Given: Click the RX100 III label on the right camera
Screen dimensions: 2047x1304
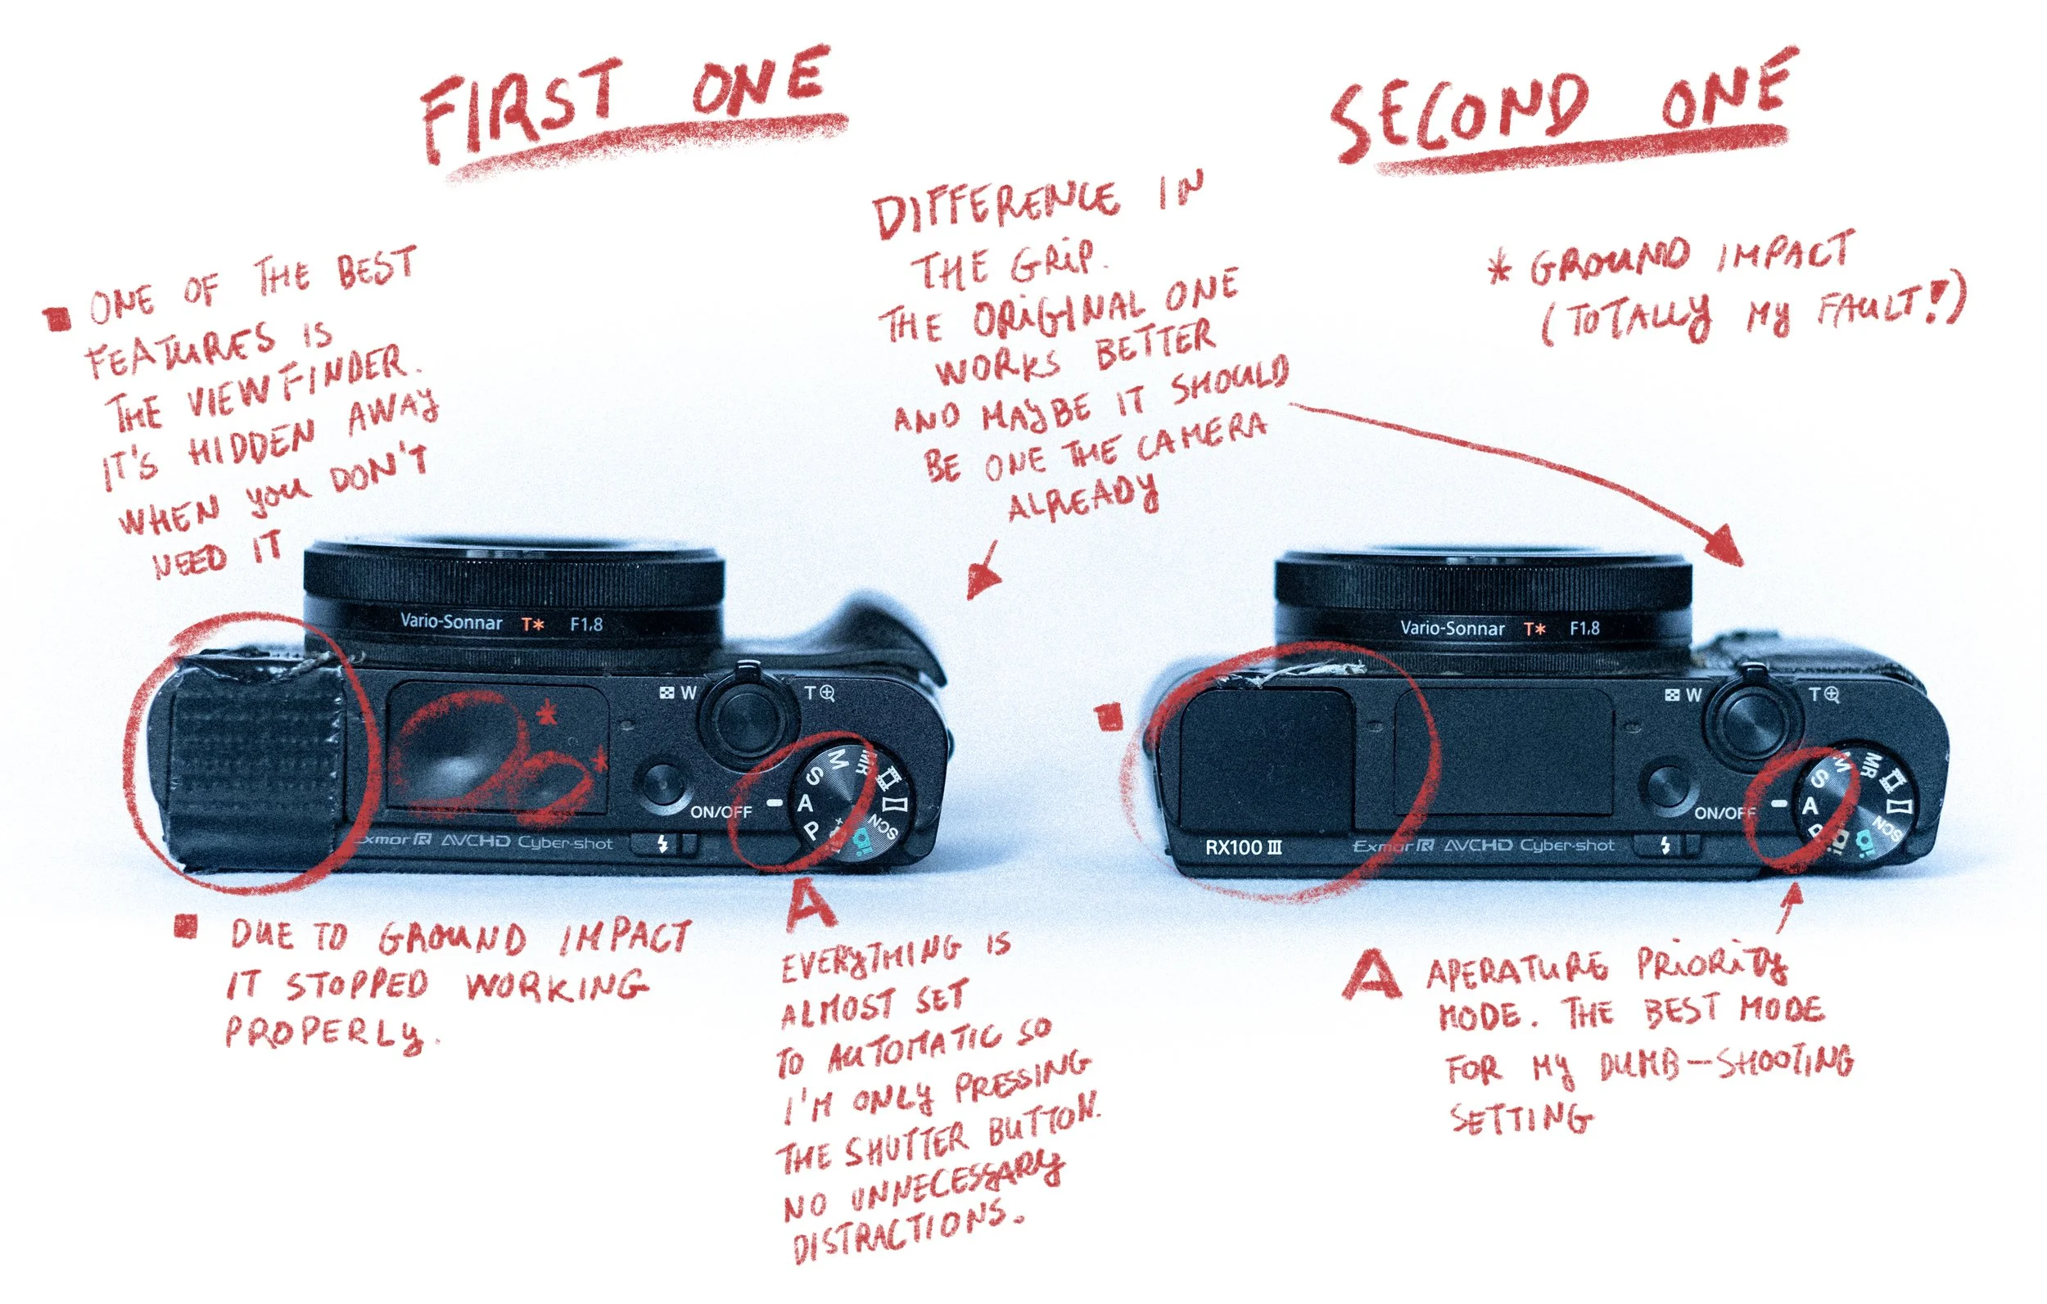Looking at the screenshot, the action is point(1243,847).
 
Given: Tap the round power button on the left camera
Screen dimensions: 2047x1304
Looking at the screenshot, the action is point(665,787).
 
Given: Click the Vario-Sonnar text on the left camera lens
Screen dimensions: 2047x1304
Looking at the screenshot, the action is point(450,622).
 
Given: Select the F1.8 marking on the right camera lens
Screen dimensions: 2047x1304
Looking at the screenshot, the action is point(1584,628).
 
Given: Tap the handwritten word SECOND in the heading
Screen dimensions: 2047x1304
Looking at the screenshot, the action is point(1458,119).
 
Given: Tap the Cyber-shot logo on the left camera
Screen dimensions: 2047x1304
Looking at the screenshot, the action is point(565,842).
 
